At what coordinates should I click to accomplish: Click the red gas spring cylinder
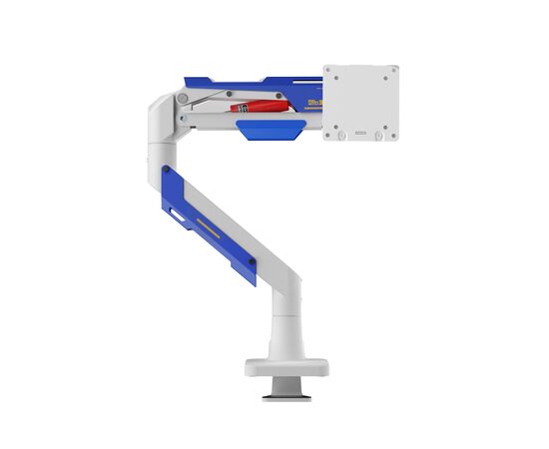pos(262,104)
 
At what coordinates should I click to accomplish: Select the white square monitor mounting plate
pos(360,102)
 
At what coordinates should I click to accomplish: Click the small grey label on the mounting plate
pos(360,130)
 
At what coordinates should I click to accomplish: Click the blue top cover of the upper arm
pos(250,81)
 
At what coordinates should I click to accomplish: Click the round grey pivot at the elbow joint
pos(183,98)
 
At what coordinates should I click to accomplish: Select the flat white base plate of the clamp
pos(286,367)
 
